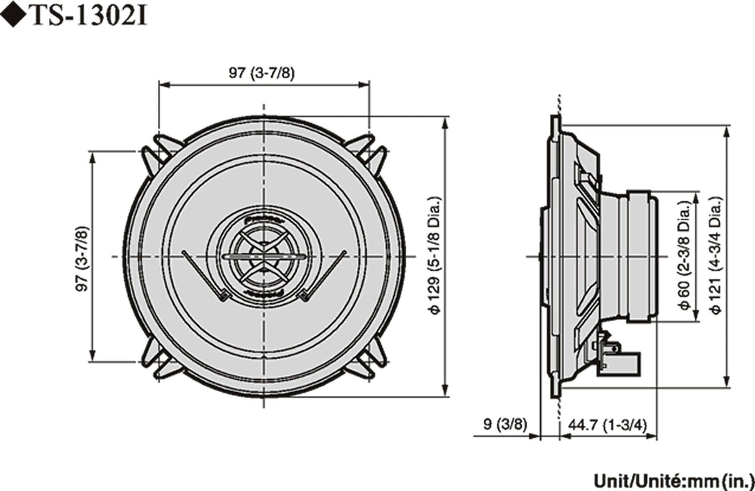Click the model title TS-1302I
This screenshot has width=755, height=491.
87,17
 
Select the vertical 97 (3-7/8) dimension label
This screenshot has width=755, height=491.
81,256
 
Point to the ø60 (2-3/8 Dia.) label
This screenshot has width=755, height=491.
684,256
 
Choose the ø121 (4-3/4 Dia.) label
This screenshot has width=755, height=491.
717,256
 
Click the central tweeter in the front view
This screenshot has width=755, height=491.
264,256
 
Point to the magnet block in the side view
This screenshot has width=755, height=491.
641,256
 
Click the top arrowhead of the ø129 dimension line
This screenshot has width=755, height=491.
445,121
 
